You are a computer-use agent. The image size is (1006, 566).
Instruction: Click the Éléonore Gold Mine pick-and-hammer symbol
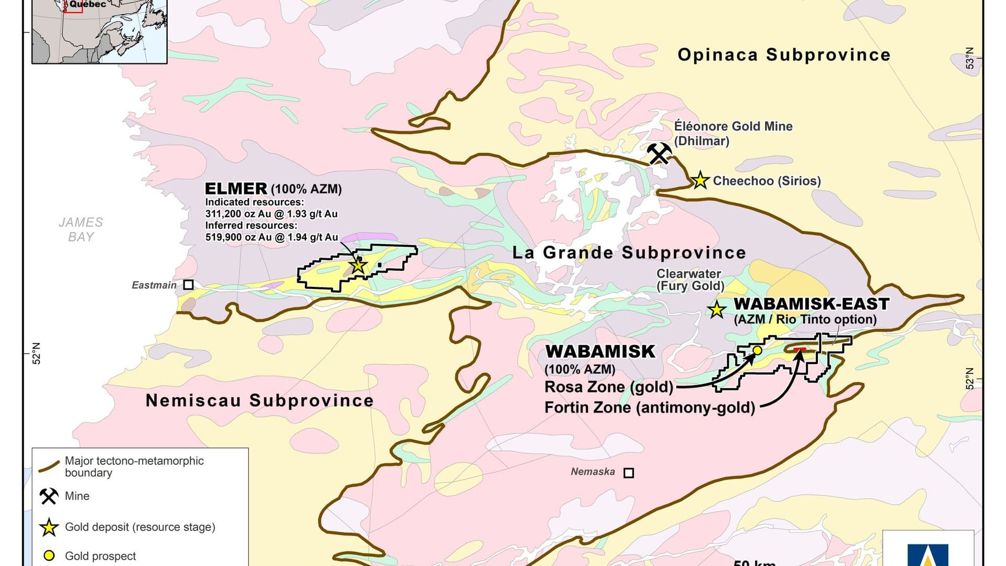pos(659,154)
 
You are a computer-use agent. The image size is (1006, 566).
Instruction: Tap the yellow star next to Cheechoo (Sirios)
pos(700,180)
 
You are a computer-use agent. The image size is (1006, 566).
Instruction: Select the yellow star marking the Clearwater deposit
pos(716,310)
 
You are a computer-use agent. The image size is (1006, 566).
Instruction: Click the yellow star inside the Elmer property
pos(358,266)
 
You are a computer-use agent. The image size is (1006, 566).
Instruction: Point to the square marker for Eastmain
pos(188,285)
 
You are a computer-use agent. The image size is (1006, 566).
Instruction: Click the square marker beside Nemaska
pos(629,473)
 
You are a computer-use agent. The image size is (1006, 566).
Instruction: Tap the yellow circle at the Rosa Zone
pos(757,350)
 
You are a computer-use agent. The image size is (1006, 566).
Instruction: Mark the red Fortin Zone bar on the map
pos(800,349)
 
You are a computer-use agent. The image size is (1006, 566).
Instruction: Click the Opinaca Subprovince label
pos(784,55)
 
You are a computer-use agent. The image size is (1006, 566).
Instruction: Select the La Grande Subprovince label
pos(629,253)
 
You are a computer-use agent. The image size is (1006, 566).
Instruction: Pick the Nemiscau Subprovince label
pos(259,400)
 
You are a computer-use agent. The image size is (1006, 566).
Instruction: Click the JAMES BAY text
pos(81,230)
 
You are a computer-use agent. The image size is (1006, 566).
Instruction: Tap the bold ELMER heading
pos(236,189)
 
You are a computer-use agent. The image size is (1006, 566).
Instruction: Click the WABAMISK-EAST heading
pos(811,304)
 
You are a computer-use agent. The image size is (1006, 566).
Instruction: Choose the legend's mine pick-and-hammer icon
pos(49,496)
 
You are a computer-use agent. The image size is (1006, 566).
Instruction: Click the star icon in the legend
pos(49,527)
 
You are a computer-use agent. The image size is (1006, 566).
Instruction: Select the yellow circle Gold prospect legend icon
pos(49,556)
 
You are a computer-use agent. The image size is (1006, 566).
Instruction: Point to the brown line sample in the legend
pos(49,466)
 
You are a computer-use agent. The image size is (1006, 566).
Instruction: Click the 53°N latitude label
pos(970,58)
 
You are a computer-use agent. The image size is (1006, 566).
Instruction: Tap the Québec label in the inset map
pos(88,4)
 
